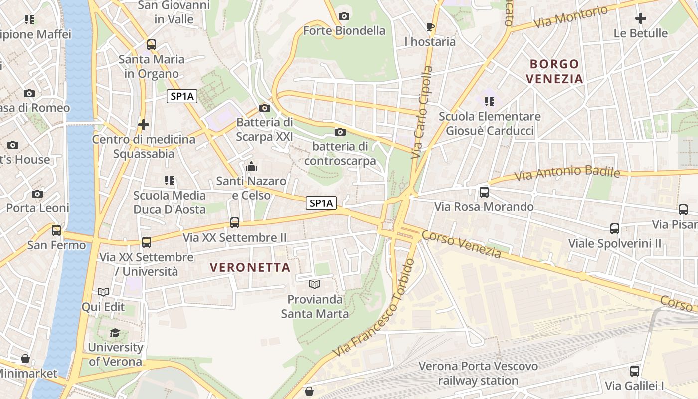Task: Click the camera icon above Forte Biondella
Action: (x=344, y=16)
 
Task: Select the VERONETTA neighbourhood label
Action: (x=250, y=267)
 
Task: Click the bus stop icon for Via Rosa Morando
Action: (x=484, y=192)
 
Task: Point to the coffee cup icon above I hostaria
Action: (x=430, y=27)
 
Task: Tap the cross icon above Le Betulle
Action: (x=641, y=18)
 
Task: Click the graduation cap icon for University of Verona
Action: (x=115, y=333)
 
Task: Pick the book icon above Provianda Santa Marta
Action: (x=315, y=285)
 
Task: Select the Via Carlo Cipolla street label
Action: (x=422, y=113)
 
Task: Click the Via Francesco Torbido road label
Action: (x=374, y=309)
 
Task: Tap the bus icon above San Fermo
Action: (x=56, y=230)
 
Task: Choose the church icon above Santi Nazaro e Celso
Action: (x=251, y=166)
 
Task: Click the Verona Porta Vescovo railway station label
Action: (x=478, y=374)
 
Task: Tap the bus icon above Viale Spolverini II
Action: (x=615, y=229)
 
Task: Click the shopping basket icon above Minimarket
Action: (x=25, y=359)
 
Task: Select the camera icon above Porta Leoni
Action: (x=37, y=194)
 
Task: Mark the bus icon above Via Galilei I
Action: (x=634, y=371)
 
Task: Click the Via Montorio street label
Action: (x=570, y=17)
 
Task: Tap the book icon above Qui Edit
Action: (x=103, y=292)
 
